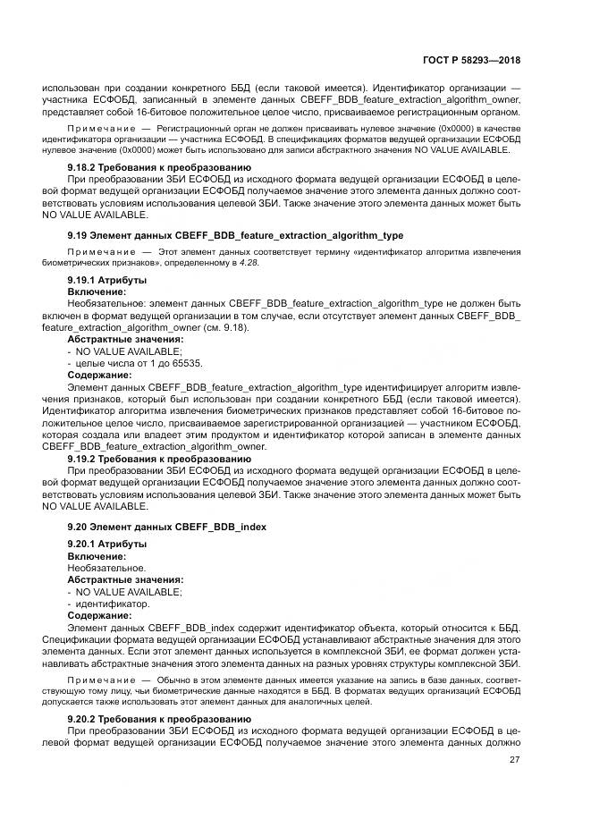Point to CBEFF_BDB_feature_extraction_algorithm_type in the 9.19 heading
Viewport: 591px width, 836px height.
(x=295, y=235)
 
